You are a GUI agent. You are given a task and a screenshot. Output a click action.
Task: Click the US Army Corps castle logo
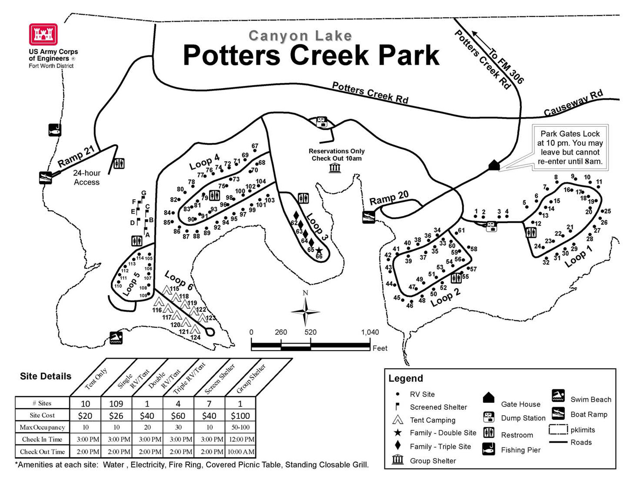[43, 34]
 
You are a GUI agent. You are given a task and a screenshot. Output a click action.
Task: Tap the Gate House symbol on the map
[494, 165]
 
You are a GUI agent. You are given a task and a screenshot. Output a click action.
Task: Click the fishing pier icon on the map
[54, 130]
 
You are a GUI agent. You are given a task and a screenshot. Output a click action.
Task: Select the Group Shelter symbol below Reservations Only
[335, 168]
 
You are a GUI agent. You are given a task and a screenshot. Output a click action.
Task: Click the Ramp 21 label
[76, 156]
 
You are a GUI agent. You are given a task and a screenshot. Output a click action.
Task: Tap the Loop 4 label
[204, 161]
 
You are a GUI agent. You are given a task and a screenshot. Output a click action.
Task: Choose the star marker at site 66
[319, 251]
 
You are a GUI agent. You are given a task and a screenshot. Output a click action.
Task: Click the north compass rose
[305, 311]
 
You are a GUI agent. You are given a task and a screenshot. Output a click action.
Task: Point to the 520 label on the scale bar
[310, 332]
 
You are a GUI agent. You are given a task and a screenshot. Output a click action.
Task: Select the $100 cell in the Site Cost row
[240, 416]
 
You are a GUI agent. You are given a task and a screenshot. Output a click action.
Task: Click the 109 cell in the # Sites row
[116, 404]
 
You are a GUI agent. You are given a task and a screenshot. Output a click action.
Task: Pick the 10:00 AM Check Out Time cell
[241, 452]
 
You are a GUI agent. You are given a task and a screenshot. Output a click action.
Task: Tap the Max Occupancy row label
[42, 427]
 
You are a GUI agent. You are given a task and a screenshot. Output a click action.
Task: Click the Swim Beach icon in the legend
[558, 396]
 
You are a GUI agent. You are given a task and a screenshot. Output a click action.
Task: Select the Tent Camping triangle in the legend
[398, 420]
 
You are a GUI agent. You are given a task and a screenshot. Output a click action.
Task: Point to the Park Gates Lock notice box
[570, 148]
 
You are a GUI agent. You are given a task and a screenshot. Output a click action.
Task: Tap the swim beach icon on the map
[116, 338]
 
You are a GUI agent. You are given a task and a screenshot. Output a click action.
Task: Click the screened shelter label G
[144, 193]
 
